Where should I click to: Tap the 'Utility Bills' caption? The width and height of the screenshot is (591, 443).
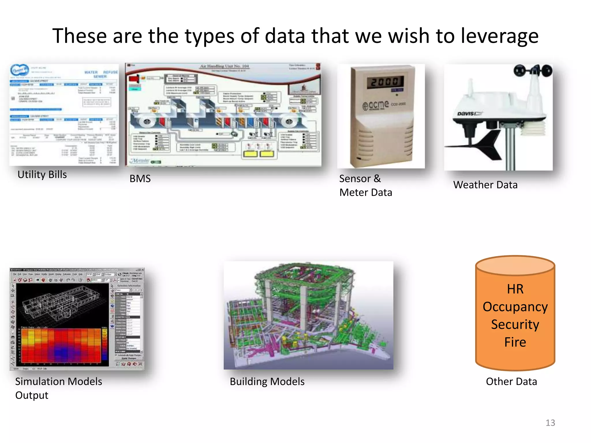click(x=42, y=175)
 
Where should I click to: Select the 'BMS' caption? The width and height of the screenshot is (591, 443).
click(x=140, y=179)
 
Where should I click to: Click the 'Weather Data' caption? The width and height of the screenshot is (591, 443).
click(x=485, y=185)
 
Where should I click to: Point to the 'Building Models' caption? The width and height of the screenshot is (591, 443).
click(x=267, y=382)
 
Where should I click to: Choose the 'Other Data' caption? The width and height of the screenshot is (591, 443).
click(x=511, y=382)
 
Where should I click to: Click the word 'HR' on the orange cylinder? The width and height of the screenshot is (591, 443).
click(x=515, y=289)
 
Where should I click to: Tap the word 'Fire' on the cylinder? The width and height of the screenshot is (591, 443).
click(x=515, y=342)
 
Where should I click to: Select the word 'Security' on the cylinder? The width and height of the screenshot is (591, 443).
click(x=515, y=324)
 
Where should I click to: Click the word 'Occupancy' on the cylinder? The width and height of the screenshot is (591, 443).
click(x=515, y=307)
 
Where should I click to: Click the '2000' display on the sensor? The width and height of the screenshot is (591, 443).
click(x=385, y=82)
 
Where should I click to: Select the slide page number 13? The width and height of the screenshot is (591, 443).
click(x=550, y=423)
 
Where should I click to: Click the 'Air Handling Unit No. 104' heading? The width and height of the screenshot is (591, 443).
click(x=225, y=66)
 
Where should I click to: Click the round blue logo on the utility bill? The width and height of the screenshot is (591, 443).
click(x=20, y=70)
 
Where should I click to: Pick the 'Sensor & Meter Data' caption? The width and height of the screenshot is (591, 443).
click(x=365, y=185)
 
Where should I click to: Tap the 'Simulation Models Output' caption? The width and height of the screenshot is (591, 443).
click(x=59, y=388)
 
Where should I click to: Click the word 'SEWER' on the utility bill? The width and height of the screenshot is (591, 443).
click(x=100, y=77)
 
